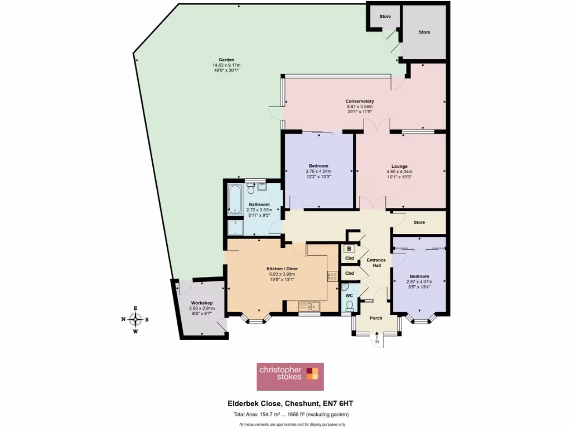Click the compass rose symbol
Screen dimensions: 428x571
(135, 319)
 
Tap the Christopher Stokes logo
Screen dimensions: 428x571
(289, 376)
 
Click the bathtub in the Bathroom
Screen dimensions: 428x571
(233, 200)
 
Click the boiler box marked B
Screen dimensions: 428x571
(349, 249)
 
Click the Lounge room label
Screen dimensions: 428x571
(399, 166)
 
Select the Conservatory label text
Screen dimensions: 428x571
(360, 101)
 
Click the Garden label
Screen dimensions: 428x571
(226, 60)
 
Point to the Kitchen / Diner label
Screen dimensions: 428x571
(282, 269)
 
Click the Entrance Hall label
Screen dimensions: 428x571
(377, 262)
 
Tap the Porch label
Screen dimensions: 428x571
(376, 318)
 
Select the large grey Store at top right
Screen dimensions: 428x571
(425, 32)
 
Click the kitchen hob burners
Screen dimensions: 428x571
(333, 276)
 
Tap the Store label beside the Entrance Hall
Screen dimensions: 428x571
(419, 222)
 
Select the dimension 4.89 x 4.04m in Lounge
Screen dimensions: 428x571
(399, 172)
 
